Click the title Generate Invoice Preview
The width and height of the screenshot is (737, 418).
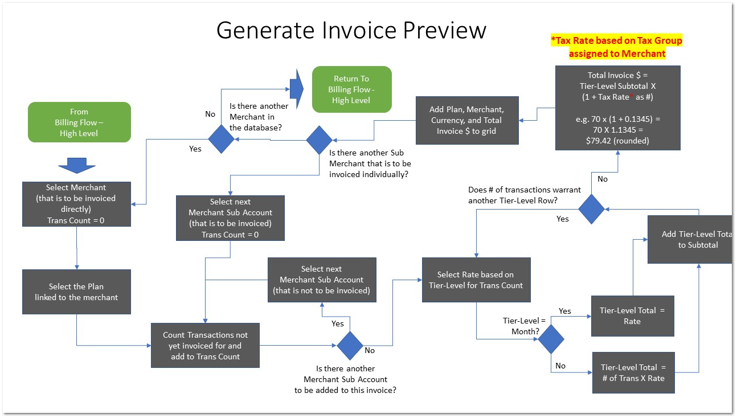pos(351,30)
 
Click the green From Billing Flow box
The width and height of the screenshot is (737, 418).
pos(79,122)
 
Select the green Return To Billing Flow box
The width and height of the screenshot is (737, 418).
pos(351,89)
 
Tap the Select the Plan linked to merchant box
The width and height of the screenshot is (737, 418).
pos(76,292)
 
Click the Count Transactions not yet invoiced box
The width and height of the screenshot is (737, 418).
pos(205,346)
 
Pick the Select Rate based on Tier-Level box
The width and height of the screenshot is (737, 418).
pos(476,280)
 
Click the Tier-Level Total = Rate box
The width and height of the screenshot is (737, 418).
pos(632,316)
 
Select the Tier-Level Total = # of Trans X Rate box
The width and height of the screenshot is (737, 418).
pos(632,373)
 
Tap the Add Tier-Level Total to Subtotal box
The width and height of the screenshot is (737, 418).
pos(690,239)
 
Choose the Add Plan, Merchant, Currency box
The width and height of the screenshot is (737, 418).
pos(466,120)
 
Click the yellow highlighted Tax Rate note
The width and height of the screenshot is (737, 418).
pos(616,47)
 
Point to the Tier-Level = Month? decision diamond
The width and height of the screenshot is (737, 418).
pos(551,339)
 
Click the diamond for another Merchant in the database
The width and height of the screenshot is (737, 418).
pos(220,140)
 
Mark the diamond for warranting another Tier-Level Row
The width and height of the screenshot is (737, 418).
pos(591,209)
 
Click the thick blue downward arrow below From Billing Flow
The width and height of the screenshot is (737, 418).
pos(77,164)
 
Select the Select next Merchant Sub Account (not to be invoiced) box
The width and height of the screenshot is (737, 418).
pos(322,280)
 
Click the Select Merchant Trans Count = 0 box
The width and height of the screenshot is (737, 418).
pos(76,204)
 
